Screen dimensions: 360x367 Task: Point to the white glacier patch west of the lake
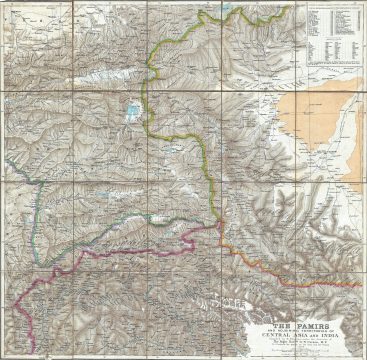(x=119, y=111)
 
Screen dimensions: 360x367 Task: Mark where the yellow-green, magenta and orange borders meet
(x=217, y=225)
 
